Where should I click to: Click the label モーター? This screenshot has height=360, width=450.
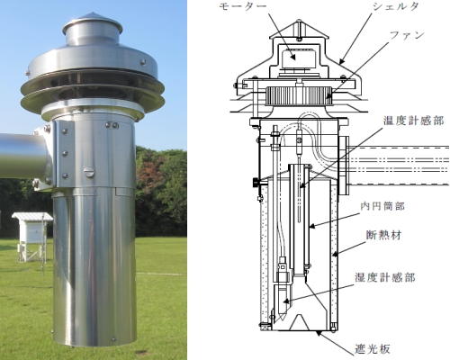click(242, 6)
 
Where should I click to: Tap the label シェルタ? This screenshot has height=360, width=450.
click(395, 7)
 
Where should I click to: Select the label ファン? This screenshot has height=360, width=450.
click(407, 35)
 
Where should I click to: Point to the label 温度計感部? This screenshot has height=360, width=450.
click(414, 121)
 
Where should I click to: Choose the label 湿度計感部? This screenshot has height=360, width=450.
click(385, 277)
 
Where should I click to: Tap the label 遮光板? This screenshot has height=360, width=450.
click(373, 349)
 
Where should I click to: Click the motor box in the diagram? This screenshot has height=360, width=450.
click(295, 58)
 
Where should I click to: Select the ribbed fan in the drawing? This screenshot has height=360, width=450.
click(299, 95)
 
